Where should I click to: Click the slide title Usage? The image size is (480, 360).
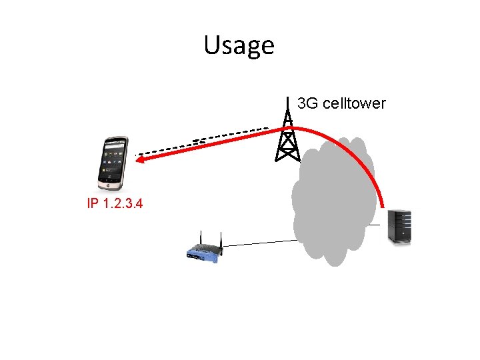click(x=239, y=45)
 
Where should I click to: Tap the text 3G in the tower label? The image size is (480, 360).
click(x=307, y=103)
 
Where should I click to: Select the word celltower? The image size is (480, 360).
click(x=353, y=103)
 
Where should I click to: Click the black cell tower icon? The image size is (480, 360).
click(x=287, y=140)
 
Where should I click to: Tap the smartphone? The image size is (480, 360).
click(x=112, y=163)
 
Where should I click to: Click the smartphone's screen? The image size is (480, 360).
click(x=111, y=161)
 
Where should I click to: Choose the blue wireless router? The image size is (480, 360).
click(x=203, y=252)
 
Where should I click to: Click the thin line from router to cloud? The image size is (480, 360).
click(x=260, y=243)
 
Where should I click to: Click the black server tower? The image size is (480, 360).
click(x=400, y=227)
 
